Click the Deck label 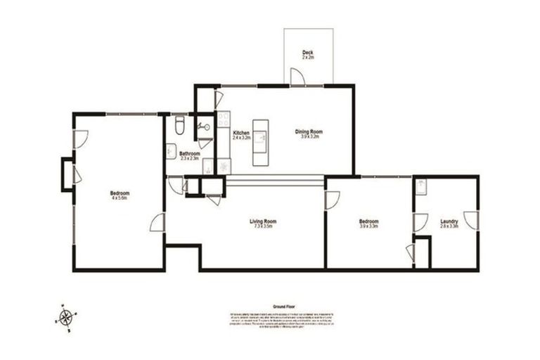(x=307, y=53)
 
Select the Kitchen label (x=241, y=133)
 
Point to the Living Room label (x=262, y=223)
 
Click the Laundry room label (x=449, y=221)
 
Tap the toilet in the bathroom (x=179, y=126)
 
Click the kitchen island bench (x=261, y=141)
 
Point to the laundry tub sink (x=420, y=186)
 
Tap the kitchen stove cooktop (x=224, y=166)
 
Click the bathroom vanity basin (x=172, y=149)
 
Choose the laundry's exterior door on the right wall (x=472, y=219)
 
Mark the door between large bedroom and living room (x=158, y=224)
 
